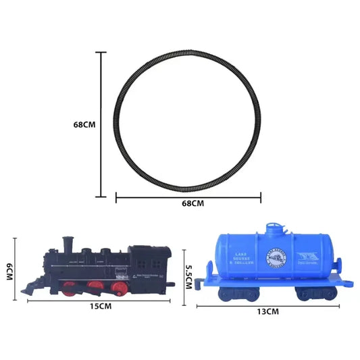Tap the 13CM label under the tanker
268,312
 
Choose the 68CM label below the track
188,203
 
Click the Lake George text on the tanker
245,259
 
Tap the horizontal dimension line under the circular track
188,197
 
